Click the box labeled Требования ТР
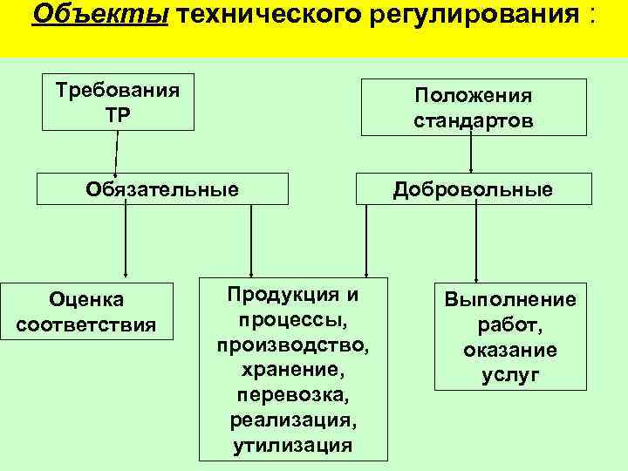click(119, 102)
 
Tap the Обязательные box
click(162, 188)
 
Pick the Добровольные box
click(473, 189)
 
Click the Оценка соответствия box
click(87, 312)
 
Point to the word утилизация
click(293, 446)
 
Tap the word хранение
click(293, 370)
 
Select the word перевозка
click(293, 395)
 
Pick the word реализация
click(293, 420)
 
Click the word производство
click(293, 345)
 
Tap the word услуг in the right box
click(510, 376)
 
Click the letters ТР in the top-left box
click(119, 114)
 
